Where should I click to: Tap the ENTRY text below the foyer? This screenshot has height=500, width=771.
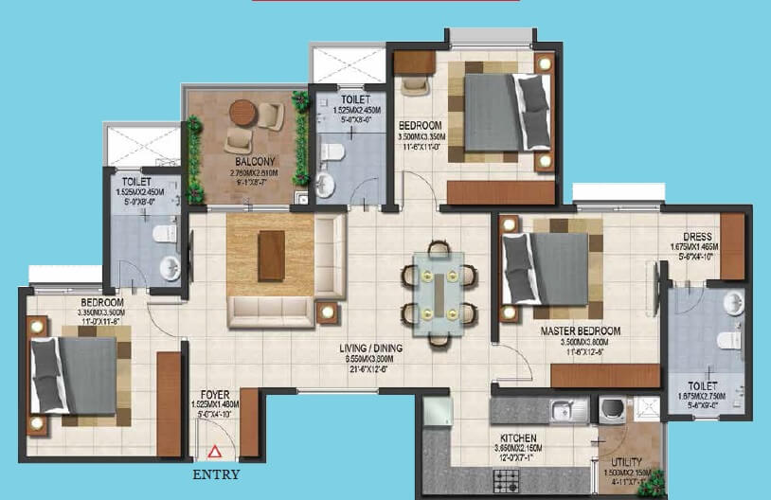216,474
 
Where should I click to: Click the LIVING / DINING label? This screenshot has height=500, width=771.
372,348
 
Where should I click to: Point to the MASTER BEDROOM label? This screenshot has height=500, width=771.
581,330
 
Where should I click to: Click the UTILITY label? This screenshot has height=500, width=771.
627,462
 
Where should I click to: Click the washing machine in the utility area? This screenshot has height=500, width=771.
611,409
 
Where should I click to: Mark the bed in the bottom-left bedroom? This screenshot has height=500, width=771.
75,374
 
